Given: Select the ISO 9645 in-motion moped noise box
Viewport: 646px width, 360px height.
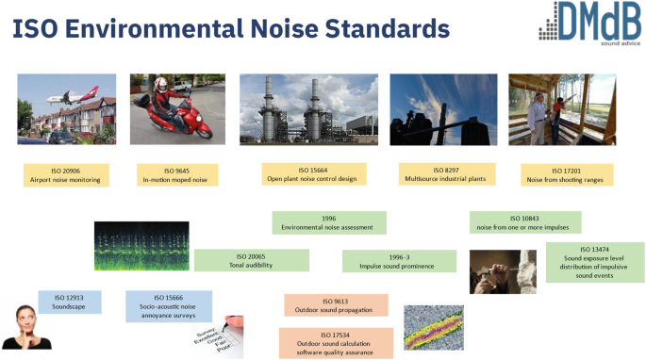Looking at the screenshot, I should (174, 174).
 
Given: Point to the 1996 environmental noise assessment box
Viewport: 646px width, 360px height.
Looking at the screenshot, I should (328, 222).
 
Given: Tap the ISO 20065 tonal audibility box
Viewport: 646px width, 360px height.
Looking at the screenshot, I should (251, 260).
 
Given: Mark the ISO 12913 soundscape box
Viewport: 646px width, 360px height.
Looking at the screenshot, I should (70, 302).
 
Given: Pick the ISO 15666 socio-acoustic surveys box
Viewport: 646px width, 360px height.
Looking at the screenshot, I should (169, 305).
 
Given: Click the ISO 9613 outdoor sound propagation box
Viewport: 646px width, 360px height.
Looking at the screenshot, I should (336, 304).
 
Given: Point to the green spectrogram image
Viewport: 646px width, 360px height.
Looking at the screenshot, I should (141, 246).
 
